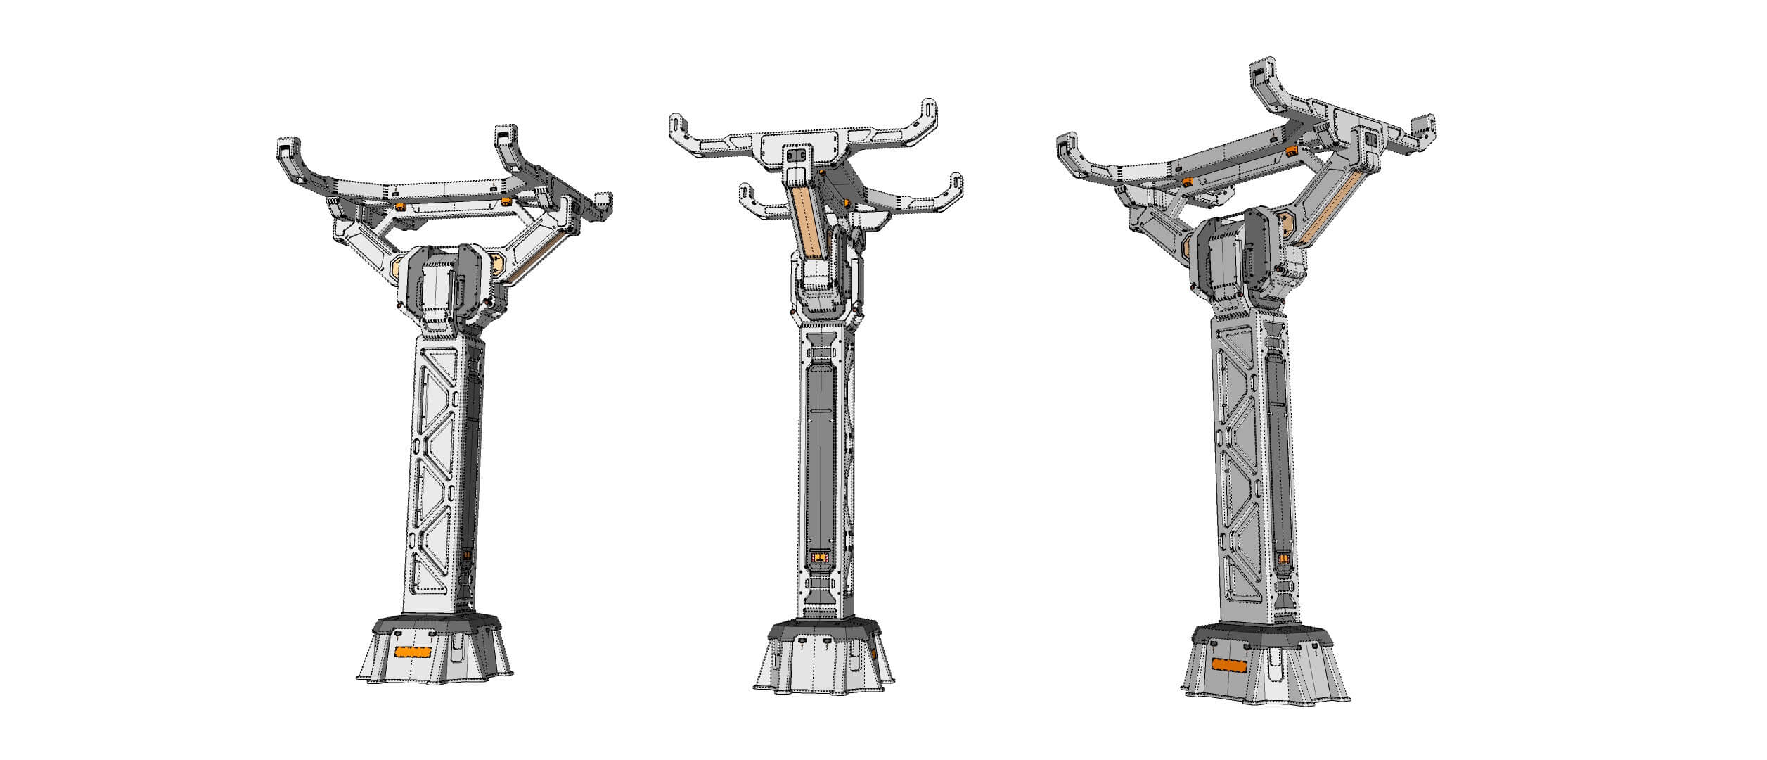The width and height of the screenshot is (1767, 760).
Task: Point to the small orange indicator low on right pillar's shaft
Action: tap(1284, 561)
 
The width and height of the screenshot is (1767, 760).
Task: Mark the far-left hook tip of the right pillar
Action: tap(1068, 146)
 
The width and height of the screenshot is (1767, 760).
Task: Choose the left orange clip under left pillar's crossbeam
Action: tap(401, 206)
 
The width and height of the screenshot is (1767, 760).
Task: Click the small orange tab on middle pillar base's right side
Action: tap(873, 653)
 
